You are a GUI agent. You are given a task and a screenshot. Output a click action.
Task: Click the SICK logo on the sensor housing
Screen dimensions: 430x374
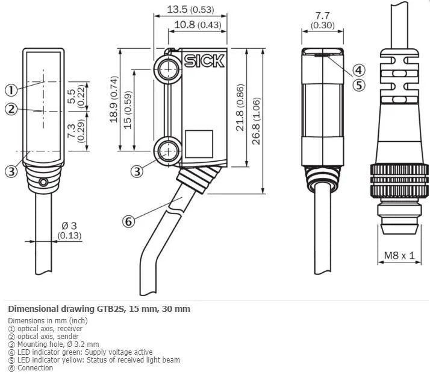(x=204, y=61)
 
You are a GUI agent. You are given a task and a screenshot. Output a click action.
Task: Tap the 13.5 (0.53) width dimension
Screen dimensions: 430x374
(x=190, y=9)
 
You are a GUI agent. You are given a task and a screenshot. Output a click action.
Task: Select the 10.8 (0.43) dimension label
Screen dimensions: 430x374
(x=198, y=25)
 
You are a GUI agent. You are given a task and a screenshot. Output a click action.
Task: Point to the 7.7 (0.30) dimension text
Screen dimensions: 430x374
(x=323, y=21)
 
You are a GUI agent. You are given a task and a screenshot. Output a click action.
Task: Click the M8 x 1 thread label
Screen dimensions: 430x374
(x=399, y=256)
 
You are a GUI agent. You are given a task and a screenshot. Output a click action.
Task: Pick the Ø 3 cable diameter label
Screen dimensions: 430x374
(x=70, y=230)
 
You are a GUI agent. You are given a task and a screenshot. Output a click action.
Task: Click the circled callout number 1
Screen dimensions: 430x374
(x=11, y=90)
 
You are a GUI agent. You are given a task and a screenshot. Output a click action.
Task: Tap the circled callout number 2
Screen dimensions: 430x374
(x=11, y=109)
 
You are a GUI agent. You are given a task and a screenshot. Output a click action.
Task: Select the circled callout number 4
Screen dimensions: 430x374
(x=359, y=71)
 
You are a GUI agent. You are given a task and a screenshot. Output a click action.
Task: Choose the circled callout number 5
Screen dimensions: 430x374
(x=359, y=85)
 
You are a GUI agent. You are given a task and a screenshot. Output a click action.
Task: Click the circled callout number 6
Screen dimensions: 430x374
(x=129, y=221)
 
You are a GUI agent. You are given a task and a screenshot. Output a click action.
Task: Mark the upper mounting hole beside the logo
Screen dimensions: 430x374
(x=168, y=68)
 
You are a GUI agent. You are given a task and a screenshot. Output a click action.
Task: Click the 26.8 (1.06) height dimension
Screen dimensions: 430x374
(x=255, y=121)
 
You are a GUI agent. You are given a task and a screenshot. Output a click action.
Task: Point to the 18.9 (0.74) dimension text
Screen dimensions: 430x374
(x=114, y=100)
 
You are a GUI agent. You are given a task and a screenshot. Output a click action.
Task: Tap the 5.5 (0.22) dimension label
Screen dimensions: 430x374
(x=76, y=97)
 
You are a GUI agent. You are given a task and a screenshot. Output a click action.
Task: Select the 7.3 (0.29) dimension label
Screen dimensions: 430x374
(x=76, y=131)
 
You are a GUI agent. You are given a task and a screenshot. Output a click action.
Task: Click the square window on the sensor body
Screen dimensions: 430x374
(x=199, y=144)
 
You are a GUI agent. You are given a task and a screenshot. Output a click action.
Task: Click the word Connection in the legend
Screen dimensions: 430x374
(x=35, y=368)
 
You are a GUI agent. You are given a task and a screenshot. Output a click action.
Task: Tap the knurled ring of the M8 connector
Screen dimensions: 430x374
(x=399, y=181)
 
